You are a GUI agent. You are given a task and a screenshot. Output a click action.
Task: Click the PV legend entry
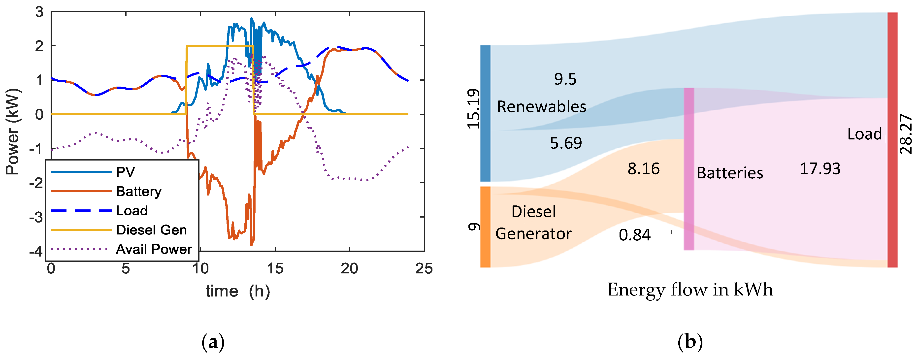coord(125,172)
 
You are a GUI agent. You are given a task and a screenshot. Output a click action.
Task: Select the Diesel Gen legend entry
coord(151,230)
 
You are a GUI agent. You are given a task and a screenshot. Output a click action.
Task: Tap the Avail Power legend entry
coord(154,249)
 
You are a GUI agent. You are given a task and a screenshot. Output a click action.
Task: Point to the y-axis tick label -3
coord(36,217)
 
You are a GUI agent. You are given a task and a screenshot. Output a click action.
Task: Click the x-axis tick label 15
coord(275,269)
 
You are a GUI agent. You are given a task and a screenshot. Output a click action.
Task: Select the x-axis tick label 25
coord(424,269)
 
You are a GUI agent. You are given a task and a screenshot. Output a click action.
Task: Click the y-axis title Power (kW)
coord(13,132)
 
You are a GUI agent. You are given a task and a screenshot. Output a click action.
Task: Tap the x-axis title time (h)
coord(238,291)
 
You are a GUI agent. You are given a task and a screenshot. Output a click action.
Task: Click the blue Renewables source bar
coord(485,113)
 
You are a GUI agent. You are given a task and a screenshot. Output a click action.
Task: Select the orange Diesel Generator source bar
coord(485,227)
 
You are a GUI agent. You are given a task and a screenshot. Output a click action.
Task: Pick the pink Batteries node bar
coord(689,169)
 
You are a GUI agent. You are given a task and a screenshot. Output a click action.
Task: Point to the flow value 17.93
coord(820,169)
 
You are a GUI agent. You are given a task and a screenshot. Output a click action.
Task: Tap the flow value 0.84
coord(634,235)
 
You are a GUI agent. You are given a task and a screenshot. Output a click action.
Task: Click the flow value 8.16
coord(644,169)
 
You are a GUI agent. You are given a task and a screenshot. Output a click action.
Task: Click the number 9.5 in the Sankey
coord(565,79)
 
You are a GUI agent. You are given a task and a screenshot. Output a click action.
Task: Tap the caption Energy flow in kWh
coord(690,290)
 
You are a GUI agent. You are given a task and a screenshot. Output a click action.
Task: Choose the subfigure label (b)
coord(690,342)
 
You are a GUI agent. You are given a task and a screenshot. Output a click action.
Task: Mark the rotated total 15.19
coord(473,109)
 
